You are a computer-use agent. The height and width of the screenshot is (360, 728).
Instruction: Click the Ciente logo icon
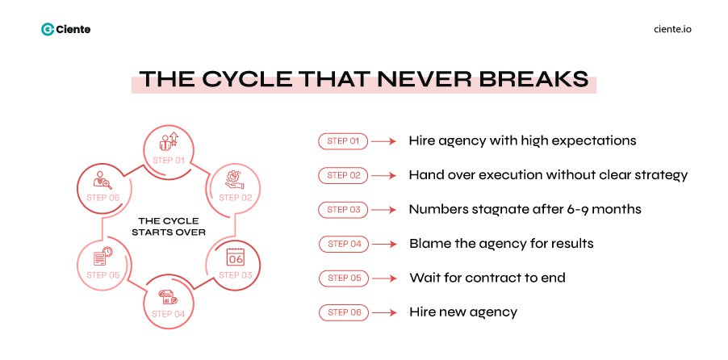(48, 30)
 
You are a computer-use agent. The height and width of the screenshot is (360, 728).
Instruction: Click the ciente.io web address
(672, 30)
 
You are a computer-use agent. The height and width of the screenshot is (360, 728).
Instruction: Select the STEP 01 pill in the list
(343, 141)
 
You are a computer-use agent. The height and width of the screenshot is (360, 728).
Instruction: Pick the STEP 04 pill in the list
(343, 244)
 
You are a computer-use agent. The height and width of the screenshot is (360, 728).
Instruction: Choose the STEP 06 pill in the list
(343, 312)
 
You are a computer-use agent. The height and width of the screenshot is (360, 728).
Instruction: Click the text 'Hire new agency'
(462, 312)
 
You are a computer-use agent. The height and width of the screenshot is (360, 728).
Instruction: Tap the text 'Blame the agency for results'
(502, 244)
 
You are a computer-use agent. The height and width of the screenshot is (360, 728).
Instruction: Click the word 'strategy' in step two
(659, 175)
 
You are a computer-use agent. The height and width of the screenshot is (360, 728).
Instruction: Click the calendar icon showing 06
(235, 258)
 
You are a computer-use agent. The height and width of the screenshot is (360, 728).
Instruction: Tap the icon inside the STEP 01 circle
(169, 141)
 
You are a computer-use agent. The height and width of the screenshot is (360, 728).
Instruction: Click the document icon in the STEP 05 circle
(103, 257)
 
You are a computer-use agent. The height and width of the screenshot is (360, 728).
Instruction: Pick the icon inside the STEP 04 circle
(169, 296)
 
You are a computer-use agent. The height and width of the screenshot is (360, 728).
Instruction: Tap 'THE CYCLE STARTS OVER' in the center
(169, 225)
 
